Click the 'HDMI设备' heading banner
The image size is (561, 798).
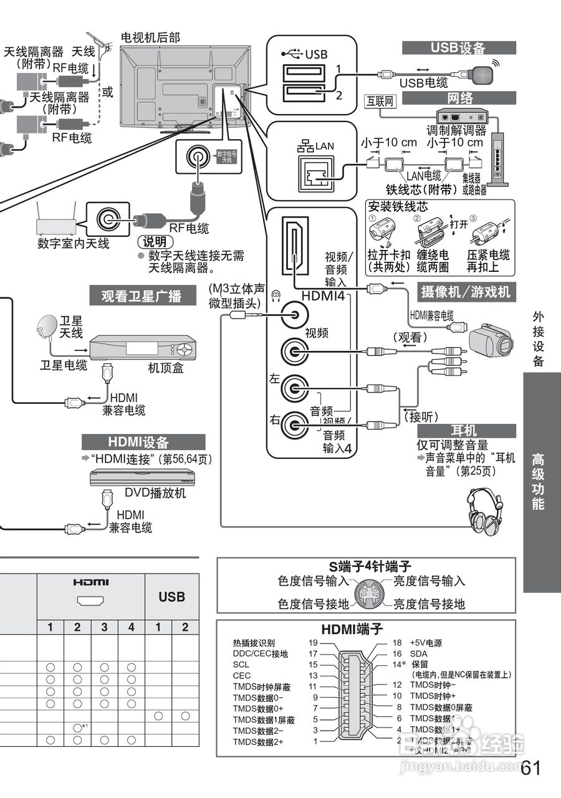tap(143, 443)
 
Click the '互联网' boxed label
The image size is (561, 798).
tap(380, 100)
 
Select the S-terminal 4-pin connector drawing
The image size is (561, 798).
tap(372, 592)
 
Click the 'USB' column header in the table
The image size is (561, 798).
tap(171, 597)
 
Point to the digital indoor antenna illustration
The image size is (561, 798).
tap(55, 221)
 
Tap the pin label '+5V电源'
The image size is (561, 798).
tap(426, 642)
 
